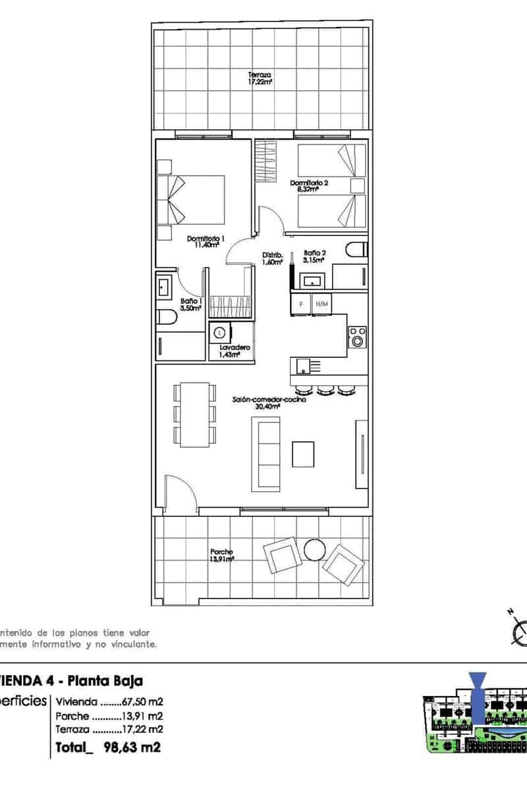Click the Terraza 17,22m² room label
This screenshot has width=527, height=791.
[260, 78]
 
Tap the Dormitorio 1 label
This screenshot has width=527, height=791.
[206, 242]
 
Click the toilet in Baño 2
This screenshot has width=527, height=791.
[356, 250]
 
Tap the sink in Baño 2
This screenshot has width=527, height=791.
[312, 281]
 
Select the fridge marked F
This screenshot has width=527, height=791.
[301, 304]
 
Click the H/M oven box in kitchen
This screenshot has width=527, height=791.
[321, 304]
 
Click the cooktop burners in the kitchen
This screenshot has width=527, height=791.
[357, 336]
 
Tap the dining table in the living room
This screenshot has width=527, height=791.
[195, 413]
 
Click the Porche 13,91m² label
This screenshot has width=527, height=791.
[221, 555]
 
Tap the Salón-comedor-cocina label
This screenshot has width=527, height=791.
[269, 403]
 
